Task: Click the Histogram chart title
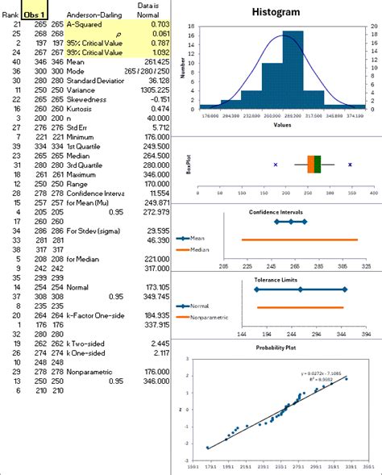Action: coord(276,12)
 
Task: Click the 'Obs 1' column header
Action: coord(35,15)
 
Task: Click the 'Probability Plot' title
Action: coord(276,348)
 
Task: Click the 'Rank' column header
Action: coord(11,15)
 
